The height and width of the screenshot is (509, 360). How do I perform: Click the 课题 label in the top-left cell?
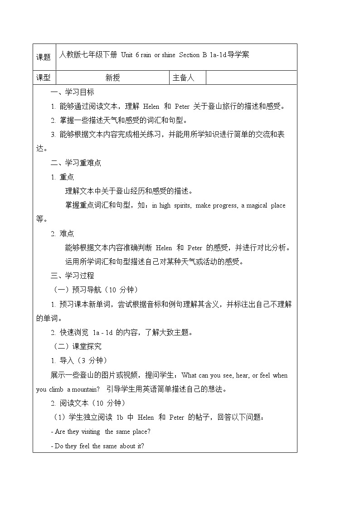click(44, 57)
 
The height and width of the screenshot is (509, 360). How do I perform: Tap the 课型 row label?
click(44, 78)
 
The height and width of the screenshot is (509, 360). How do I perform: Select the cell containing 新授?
click(113, 78)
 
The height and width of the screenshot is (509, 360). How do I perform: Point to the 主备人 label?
click(183, 78)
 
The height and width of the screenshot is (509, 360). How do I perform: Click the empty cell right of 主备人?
click(251, 78)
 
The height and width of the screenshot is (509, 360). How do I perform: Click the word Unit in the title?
click(127, 55)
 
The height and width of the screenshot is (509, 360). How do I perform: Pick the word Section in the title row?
click(189, 55)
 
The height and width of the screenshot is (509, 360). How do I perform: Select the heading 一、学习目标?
click(73, 92)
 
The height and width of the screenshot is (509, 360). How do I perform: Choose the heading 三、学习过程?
click(73, 276)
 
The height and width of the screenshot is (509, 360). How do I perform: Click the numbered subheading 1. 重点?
click(63, 177)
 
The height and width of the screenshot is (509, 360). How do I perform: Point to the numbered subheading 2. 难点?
click(63, 233)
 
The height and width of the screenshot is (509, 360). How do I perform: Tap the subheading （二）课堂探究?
click(78, 346)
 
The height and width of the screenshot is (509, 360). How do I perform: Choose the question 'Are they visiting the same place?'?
click(101, 431)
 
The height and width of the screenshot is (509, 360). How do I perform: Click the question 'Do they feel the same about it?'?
click(97, 446)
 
